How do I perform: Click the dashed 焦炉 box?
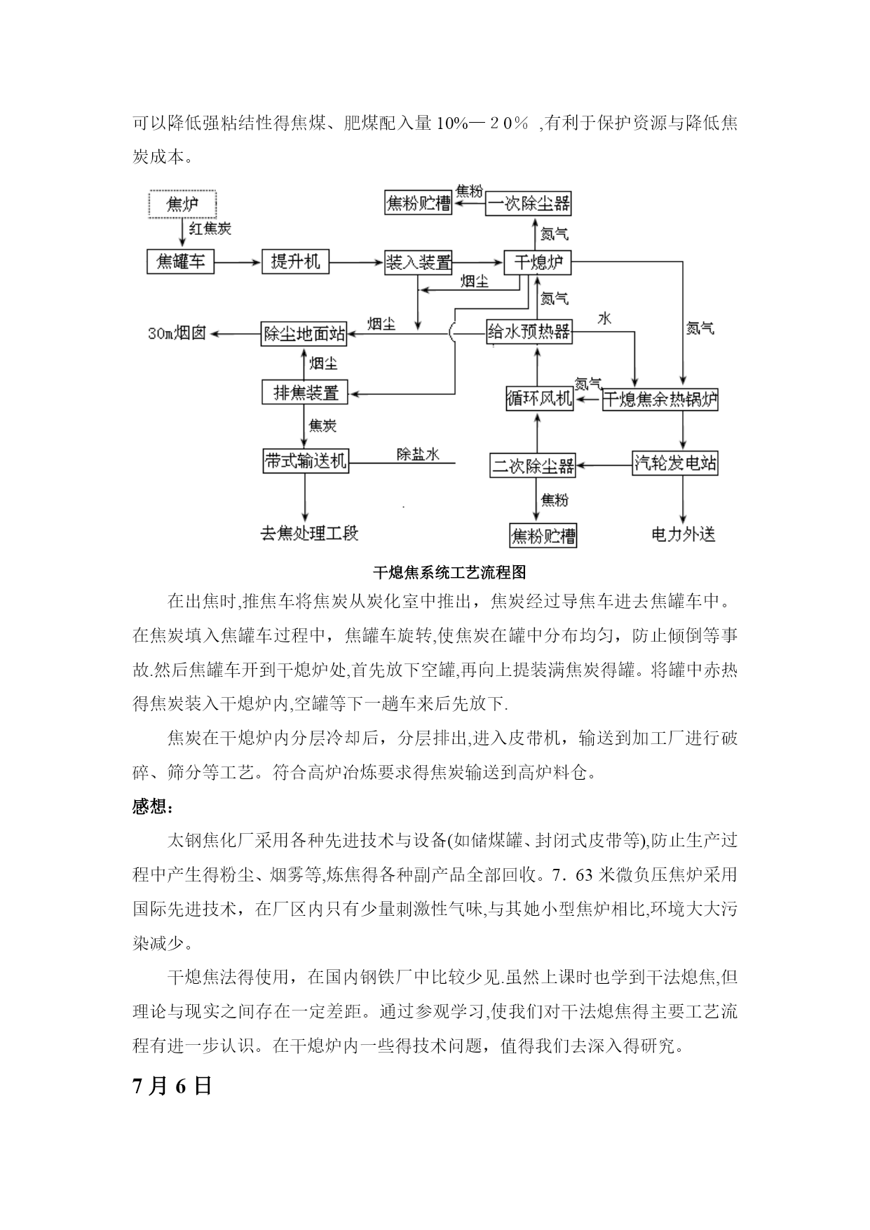[182, 204]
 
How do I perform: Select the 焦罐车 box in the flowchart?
[180, 262]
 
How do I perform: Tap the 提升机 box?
[295, 262]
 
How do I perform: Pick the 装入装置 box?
[419, 262]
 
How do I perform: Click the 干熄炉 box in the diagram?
[538, 262]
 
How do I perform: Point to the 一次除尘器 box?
[529, 203]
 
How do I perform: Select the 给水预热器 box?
[529, 331]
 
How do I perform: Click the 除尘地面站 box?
[305, 333]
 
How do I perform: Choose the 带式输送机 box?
[305, 460]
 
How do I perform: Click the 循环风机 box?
[540, 399]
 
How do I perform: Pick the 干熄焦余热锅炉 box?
[660, 399]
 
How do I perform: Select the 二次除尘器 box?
[533, 465]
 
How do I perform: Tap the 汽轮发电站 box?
[675, 463]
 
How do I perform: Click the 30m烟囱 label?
[177, 333]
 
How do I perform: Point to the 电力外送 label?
[683, 534]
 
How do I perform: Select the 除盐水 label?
[418, 454]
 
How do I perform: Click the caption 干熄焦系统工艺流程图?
[449, 572]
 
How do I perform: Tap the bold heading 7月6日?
[172, 1086]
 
